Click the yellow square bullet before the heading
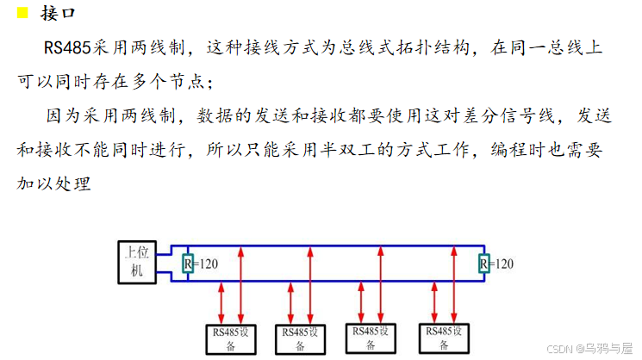point(22,13)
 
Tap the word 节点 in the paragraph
point(184,82)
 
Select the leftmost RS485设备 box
point(231,338)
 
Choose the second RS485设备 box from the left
point(301,338)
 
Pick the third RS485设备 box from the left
point(371,338)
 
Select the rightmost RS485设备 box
point(442,338)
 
